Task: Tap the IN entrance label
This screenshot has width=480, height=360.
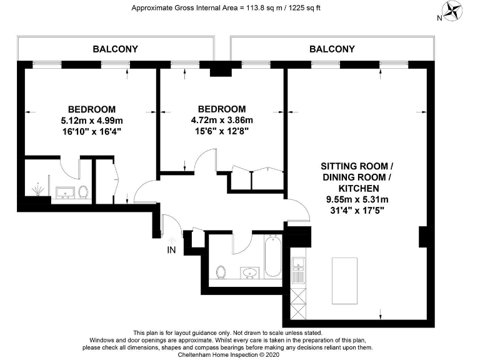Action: click(171, 250)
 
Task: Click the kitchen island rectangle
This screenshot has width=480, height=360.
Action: click(345, 281)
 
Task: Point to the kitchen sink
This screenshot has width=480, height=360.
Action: click(298, 262)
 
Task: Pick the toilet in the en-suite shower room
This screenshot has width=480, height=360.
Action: click(83, 192)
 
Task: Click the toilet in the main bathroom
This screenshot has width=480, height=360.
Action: click(221, 272)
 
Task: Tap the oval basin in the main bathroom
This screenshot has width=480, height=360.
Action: click(250, 272)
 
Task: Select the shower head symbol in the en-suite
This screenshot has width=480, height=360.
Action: click(37, 189)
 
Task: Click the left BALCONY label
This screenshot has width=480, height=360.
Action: click(116, 49)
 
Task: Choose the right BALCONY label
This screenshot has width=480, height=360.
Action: click(332, 49)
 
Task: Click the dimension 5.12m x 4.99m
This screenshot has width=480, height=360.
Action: click(92, 121)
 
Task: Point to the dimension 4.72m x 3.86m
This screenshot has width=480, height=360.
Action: click(222, 120)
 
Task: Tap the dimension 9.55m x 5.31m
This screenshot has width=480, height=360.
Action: click(357, 199)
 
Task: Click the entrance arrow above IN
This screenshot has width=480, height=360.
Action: click(172, 241)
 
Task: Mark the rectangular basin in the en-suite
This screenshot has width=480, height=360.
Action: click(65, 193)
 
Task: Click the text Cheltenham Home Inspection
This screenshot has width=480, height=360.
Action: click(217, 354)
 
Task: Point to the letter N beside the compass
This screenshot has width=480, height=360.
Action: click(439, 18)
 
